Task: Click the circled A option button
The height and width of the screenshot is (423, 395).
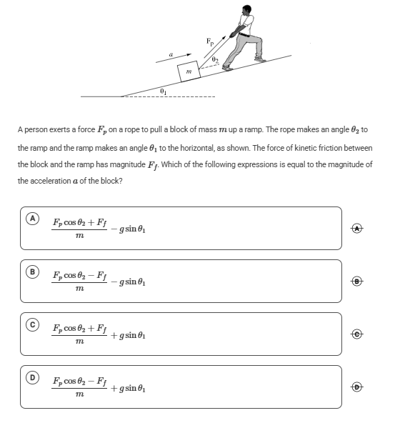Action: tap(32, 219)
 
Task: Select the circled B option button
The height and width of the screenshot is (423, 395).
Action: tap(32, 272)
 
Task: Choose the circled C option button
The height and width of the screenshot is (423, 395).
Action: tap(32, 324)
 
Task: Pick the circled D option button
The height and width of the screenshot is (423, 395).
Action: tap(32, 377)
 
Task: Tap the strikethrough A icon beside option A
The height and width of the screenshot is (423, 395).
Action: tap(357, 229)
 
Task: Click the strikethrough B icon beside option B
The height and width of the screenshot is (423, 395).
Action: tap(357, 282)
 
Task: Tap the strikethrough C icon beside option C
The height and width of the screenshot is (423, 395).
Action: tap(357, 334)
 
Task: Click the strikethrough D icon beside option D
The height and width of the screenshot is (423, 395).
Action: tap(357, 387)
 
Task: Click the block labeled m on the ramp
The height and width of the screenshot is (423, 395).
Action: tap(189, 71)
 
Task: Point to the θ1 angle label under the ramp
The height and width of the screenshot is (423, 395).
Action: tap(164, 91)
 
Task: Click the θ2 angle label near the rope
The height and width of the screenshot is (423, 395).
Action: tap(214, 59)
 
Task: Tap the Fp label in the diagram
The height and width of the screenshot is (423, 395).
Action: tap(210, 41)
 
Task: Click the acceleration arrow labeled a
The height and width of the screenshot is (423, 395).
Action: tap(174, 59)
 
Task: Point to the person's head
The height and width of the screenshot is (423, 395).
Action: tap(246, 10)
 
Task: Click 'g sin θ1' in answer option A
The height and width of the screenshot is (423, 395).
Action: tap(132, 229)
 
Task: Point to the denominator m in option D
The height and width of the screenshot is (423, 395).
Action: tap(79, 394)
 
